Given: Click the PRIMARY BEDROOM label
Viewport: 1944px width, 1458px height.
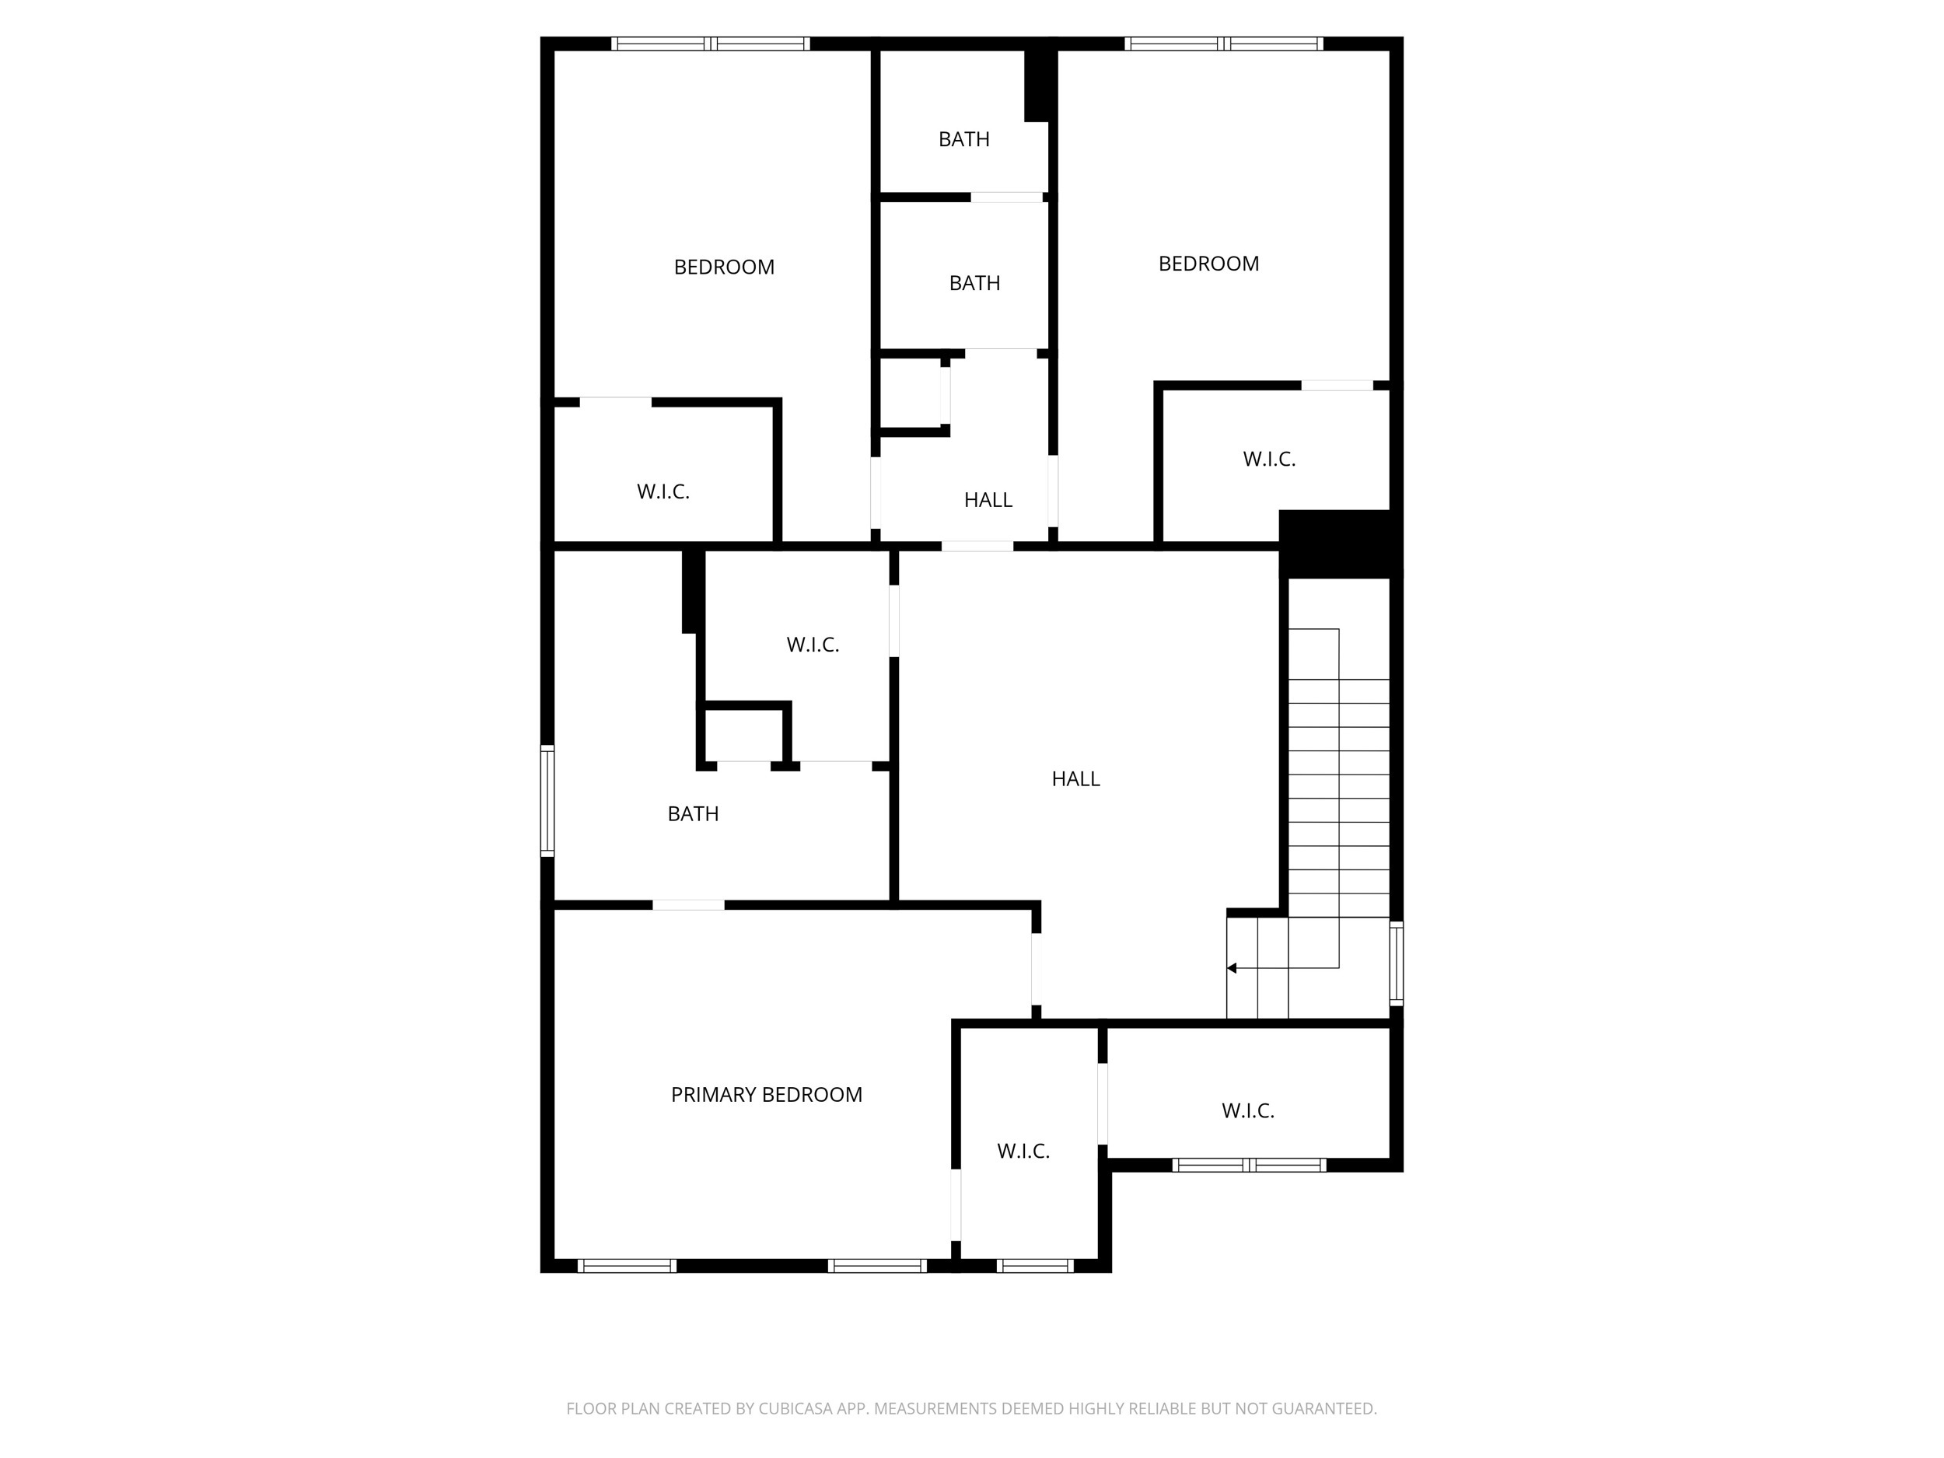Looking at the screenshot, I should tap(767, 1094).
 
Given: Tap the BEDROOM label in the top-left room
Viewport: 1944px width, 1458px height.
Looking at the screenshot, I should tap(724, 267).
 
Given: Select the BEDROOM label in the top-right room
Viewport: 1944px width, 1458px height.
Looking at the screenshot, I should tap(1208, 264).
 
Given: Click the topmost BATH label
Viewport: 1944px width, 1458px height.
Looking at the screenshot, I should tap(964, 139).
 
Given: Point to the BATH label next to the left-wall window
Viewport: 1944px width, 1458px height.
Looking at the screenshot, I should tap(693, 814).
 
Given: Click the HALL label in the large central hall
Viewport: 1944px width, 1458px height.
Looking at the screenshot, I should tap(1075, 778).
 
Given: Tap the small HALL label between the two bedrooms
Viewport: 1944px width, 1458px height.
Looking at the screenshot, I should tap(988, 500).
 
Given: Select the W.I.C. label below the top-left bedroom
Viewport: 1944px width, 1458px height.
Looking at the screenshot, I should tap(663, 491).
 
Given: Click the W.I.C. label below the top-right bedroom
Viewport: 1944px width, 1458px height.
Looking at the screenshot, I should tap(1269, 459).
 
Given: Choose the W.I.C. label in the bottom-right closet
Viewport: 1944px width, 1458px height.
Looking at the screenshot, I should tap(1247, 1111).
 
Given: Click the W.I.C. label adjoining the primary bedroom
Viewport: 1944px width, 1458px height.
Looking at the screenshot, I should tap(1023, 1152).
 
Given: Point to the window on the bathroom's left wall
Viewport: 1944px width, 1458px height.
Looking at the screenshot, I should tap(547, 801).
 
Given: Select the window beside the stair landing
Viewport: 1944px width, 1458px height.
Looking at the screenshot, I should tap(1396, 963).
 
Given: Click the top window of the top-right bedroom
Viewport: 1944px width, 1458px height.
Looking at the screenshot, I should tap(1223, 43).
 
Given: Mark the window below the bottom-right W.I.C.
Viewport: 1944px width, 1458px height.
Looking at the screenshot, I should tap(1249, 1166).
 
